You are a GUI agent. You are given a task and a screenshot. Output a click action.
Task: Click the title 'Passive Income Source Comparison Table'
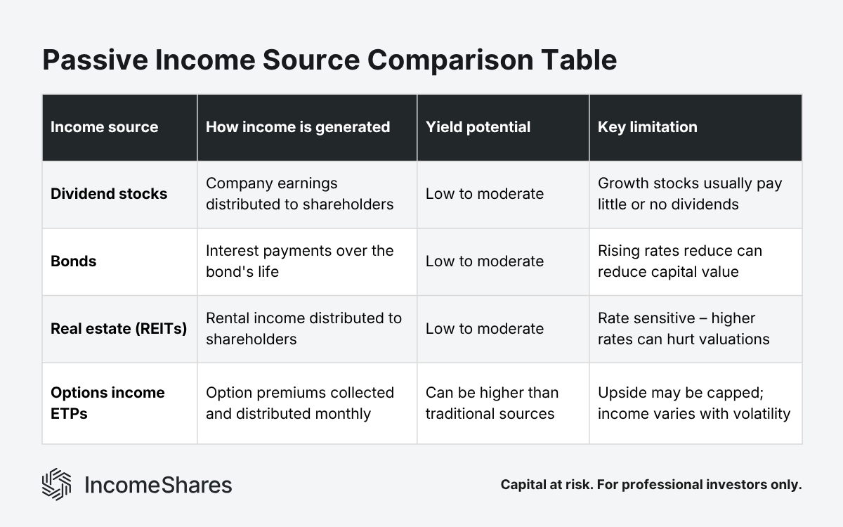point(329,60)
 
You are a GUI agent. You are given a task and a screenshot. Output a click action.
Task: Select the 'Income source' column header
point(104,127)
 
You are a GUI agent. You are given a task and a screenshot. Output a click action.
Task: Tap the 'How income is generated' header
point(297,127)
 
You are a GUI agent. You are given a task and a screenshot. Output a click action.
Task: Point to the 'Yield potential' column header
point(478,127)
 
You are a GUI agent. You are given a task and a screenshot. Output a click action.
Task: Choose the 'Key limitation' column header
point(647,127)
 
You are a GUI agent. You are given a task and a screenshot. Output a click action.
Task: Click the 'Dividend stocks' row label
point(109,194)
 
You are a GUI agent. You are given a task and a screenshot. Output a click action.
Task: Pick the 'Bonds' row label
point(73,261)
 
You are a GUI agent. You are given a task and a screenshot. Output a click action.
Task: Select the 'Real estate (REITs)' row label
point(119,329)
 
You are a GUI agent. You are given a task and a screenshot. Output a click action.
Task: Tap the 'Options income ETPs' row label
point(107,403)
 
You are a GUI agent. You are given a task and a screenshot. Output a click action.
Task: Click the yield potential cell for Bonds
point(484,261)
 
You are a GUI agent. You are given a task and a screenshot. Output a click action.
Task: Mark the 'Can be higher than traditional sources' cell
point(492,403)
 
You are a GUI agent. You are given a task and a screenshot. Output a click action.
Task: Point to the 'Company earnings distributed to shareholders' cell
point(299,194)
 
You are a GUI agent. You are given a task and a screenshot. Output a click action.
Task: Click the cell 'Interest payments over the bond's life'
point(299,261)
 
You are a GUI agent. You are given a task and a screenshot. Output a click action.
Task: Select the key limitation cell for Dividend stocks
point(689,194)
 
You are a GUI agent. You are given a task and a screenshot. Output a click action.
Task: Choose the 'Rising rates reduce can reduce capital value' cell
point(679,261)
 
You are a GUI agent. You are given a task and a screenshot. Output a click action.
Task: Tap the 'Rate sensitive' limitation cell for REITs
point(683,329)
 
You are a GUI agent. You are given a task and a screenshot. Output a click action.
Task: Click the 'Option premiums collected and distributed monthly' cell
point(299,403)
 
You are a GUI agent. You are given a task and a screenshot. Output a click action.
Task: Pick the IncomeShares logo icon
point(57,484)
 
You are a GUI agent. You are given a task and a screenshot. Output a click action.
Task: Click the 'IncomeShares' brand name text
point(157,485)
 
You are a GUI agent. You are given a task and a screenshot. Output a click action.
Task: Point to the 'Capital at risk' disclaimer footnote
point(651,485)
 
